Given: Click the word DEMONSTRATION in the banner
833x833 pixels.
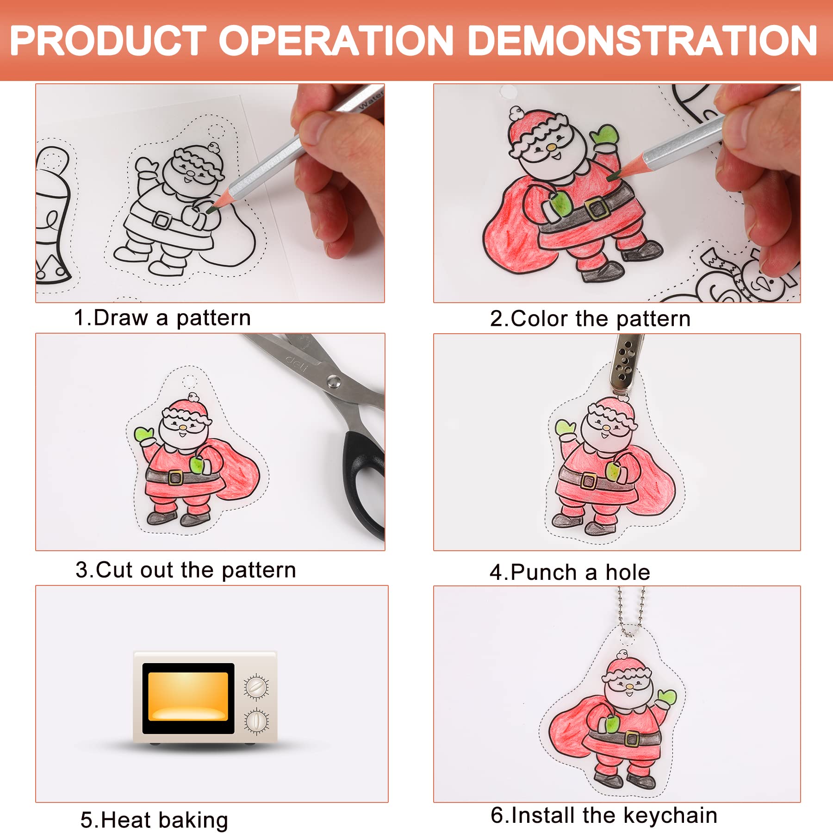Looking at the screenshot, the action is point(642,41).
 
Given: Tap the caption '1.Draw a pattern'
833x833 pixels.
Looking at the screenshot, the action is point(162,318).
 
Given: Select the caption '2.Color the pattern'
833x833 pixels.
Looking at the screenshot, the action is point(590,319).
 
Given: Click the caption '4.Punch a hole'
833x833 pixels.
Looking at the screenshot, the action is point(570,572).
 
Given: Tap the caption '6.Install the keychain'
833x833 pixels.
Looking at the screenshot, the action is point(604,815).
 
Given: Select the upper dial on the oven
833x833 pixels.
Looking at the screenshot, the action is point(256,687).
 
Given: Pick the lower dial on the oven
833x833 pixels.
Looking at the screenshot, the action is point(256,722).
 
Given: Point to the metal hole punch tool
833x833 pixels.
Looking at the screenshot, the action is point(626,366).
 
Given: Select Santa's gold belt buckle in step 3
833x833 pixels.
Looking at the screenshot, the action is point(175,478).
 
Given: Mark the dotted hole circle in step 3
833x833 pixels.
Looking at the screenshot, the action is point(188,382).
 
